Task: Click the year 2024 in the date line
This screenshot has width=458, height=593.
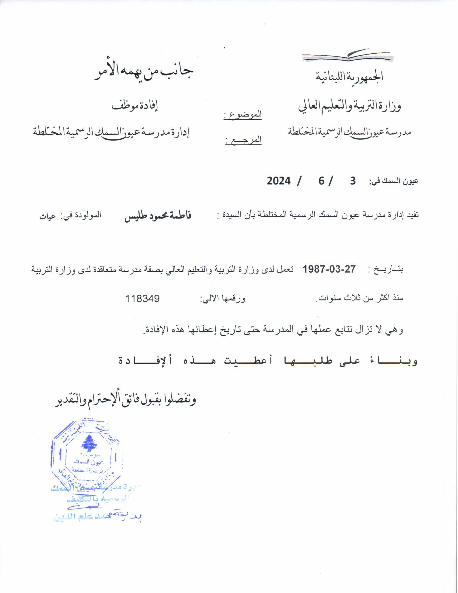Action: coord(279,181)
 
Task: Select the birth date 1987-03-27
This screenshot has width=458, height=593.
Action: coord(329,269)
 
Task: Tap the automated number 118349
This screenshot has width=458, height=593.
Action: coord(142,299)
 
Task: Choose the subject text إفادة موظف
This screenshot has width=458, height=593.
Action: coord(135,106)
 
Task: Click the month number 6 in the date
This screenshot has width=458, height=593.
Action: coord(321,181)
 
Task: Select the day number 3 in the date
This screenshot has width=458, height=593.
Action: coord(352,181)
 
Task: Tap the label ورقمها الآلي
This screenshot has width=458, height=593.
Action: coord(223,299)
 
